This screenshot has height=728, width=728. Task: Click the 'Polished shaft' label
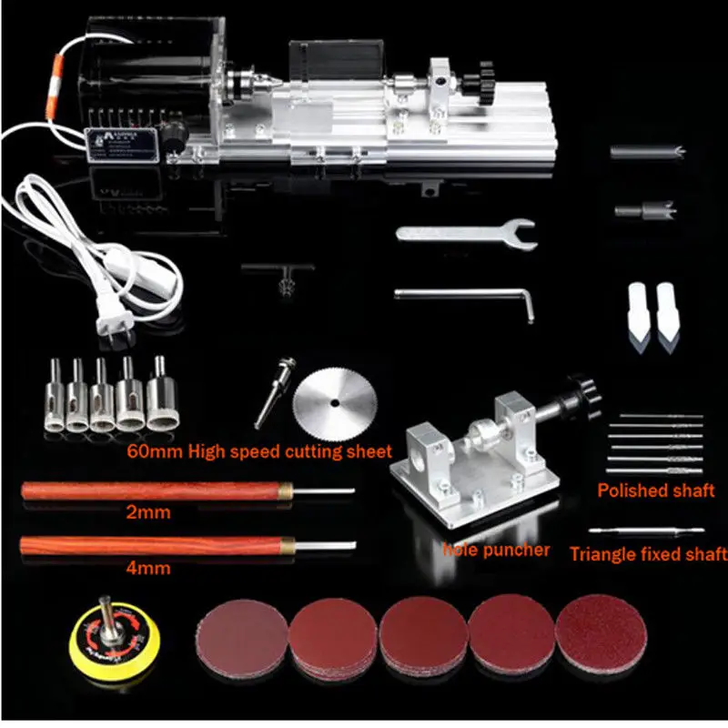coord(655,490)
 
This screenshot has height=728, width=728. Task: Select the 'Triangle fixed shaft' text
coord(648,553)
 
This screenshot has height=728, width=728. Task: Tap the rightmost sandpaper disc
coord(601,635)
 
